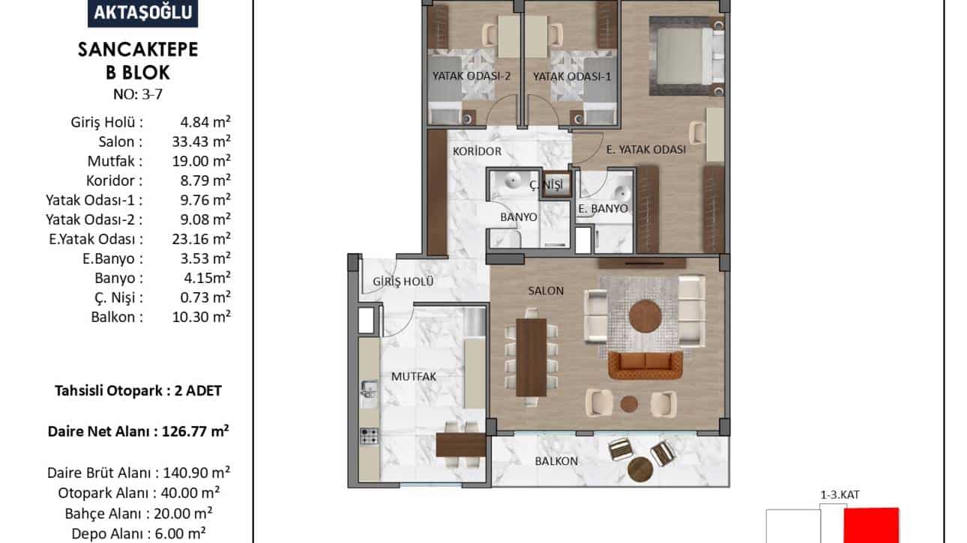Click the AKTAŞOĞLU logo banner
(x=143, y=13)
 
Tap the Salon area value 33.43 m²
(x=201, y=141)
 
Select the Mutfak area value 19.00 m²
(x=201, y=160)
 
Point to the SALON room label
(x=546, y=291)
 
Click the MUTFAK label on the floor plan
(x=414, y=377)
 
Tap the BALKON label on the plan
(x=556, y=461)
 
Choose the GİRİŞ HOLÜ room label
(x=403, y=281)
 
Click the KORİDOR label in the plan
(x=477, y=151)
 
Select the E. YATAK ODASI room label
(x=646, y=150)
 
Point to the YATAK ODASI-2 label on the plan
(x=472, y=76)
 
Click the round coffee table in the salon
(x=645, y=317)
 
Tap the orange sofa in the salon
(x=645, y=365)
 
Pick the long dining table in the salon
(x=531, y=357)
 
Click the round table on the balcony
(x=640, y=470)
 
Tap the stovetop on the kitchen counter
(x=369, y=436)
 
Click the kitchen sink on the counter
(x=369, y=389)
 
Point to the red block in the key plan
(x=871, y=525)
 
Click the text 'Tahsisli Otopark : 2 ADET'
(x=138, y=390)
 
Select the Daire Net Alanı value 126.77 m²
(x=195, y=431)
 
